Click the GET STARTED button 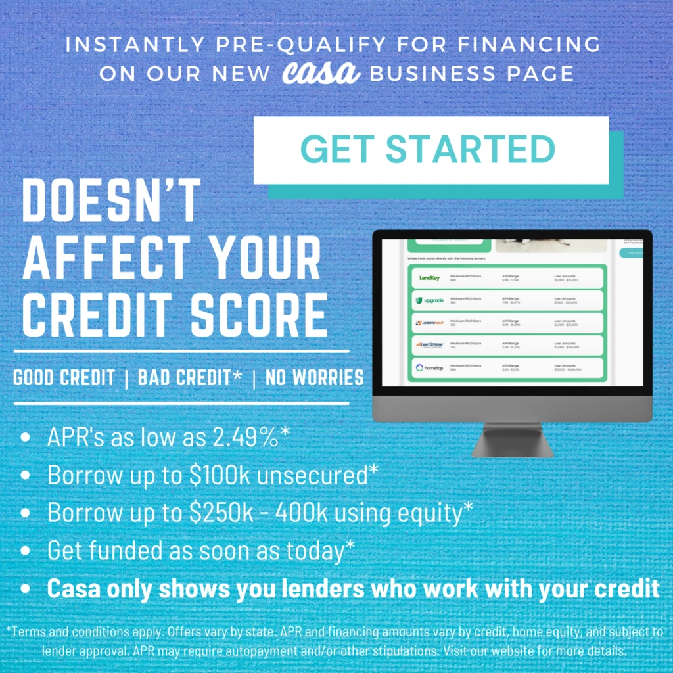click(430, 150)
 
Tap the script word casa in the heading click(321, 72)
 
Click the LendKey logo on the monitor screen click(429, 278)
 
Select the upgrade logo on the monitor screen click(429, 300)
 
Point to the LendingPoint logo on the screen click(429, 323)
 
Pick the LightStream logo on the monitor click(429, 345)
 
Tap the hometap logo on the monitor click(429, 367)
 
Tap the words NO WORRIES click(314, 378)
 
